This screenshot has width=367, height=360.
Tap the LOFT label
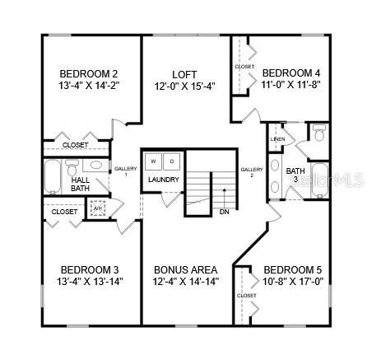click(x=184, y=73)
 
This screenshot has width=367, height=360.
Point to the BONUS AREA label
click(x=185, y=269)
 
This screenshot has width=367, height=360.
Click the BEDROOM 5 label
click(x=292, y=269)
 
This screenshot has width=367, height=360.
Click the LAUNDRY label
click(x=164, y=180)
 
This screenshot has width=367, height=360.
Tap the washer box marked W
click(x=154, y=161)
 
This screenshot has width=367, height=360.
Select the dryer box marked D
click(x=172, y=161)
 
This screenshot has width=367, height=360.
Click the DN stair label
click(x=224, y=211)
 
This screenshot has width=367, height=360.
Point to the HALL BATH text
click(x=80, y=184)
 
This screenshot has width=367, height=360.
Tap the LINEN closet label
click(x=277, y=138)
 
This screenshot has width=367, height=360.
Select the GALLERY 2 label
click(x=251, y=171)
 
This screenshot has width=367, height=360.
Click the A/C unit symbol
click(x=98, y=208)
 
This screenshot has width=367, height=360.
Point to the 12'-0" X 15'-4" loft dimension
click(x=184, y=85)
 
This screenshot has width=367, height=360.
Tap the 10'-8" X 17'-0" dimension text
click(x=292, y=281)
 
